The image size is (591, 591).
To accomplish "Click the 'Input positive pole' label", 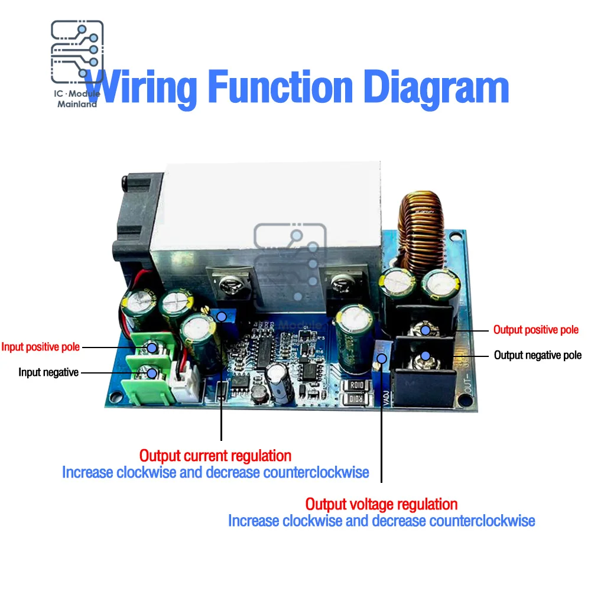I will tap(40, 347).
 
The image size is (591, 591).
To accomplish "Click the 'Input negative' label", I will tap(48, 372).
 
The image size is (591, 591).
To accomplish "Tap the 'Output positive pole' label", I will tap(535, 330).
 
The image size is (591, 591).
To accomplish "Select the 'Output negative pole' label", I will tap(537, 355).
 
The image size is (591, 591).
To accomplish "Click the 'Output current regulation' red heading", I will tap(215, 456).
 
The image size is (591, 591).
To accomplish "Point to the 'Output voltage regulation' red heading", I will tap(381, 504).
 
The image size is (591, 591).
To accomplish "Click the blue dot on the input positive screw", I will tap(152, 348).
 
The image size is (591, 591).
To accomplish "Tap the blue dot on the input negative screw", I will tap(152, 373).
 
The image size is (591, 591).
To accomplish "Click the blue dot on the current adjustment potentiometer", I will tap(222, 317).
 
